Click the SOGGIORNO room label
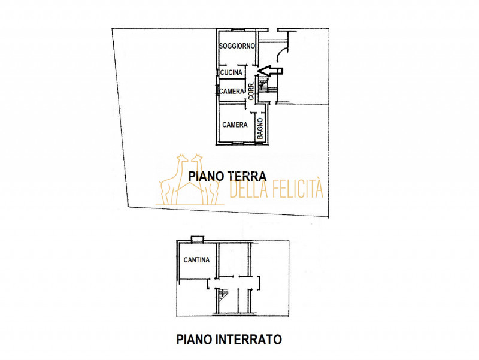coord(237,46)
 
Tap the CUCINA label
coord(232,73)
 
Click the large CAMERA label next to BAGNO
coord(235,125)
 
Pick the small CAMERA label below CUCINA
coord(232,92)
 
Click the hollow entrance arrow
coord(270,71)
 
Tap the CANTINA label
coord(196,260)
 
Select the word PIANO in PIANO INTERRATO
coord(193,339)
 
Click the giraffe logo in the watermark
coord(189,179)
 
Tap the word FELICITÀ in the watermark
coord(294,189)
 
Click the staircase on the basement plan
coord(223,294)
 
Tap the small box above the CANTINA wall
coord(196,239)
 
